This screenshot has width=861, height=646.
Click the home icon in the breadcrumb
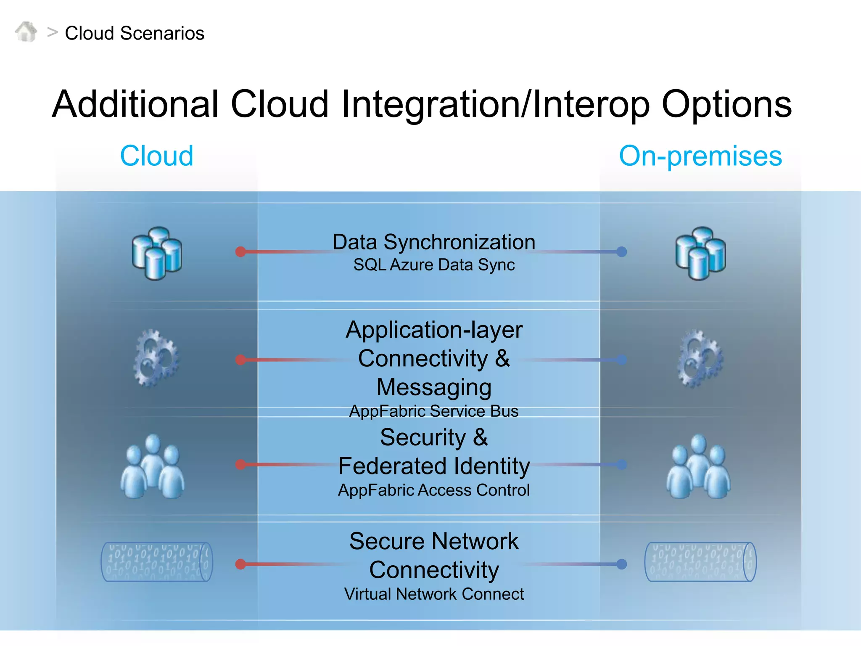pyautogui.click(x=26, y=32)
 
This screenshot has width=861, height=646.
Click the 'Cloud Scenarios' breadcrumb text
pyautogui.click(x=135, y=33)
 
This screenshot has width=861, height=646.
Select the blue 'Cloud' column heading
pyautogui.click(x=156, y=156)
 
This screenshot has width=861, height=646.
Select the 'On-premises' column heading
pyautogui.click(x=700, y=156)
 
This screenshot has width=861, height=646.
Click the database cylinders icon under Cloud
pyautogui.click(x=157, y=253)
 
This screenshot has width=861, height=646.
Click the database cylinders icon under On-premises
pyautogui.click(x=700, y=253)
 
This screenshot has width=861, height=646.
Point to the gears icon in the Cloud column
pyautogui.click(x=156, y=358)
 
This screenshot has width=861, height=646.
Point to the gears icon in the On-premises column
pyautogui.click(x=700, y=358)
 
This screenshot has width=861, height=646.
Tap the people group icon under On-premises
pyautogui.click(x=698, y=467)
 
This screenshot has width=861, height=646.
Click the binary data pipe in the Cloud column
pyautogui.click(x=157, y=562)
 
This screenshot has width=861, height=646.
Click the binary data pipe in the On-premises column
pyautogui.click(x=700, y=562)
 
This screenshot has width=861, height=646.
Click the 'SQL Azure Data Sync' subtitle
pyautogui.click(x=434, y=265)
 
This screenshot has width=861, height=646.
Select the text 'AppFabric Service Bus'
pyautogui.click(x=434, y=411)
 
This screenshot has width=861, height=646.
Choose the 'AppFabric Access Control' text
pyautogui.click(x=434, y=490)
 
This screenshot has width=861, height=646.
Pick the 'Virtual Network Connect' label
pyautogui.click(x=434, y=594)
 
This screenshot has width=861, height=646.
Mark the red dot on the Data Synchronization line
pyautogui.click(x=240, y=252)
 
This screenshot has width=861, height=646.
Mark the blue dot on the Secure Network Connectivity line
pyautogui.click(x=621, y=564)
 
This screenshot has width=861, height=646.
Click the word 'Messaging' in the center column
pyautogui.click(x=434, y=387)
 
